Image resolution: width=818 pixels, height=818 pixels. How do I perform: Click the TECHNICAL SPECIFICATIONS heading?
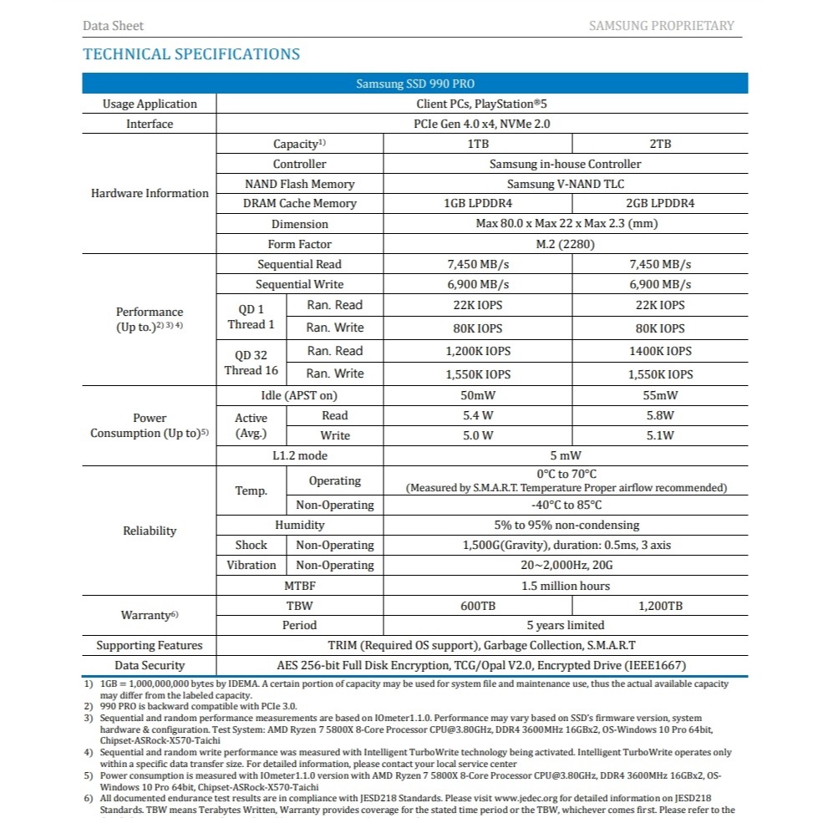(x=191, y=54)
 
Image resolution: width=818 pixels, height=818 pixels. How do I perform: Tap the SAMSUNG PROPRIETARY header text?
(x=661, y=26)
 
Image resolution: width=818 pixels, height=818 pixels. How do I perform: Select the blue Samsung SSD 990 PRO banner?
(x=415, y=84)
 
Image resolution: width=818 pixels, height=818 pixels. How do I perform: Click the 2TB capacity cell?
(x=660, y=144)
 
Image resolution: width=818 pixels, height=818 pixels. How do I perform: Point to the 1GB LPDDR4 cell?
(x=478, y=203)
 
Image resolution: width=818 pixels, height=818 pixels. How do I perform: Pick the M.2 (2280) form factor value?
(x=567, y=244)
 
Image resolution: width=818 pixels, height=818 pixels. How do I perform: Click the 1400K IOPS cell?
(x=660, y=351)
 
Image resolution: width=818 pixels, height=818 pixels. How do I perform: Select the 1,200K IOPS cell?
(x=478, y=352)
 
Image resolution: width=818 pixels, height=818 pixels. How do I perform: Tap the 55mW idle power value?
(x=660, y=395)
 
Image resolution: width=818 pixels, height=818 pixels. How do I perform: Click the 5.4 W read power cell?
(x=478, y=415)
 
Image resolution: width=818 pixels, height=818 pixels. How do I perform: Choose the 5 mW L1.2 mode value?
(x=566, y=455)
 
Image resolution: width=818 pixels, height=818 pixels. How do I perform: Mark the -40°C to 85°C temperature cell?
(x=566, y=505)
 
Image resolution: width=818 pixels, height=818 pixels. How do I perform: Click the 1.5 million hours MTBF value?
(x=566, y=586)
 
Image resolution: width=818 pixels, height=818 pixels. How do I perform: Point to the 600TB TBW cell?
(x=478, y=606)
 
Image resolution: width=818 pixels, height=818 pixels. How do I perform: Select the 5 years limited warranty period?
(x=566, y=625)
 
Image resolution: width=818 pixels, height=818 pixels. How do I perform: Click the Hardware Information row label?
(x=150, y=193)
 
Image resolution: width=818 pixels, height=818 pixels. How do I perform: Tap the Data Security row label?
(x=150, y=665)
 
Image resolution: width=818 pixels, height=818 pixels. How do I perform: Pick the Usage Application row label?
(x=150, y=104)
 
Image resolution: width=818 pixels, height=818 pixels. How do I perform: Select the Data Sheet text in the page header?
(x=113, y=26)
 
